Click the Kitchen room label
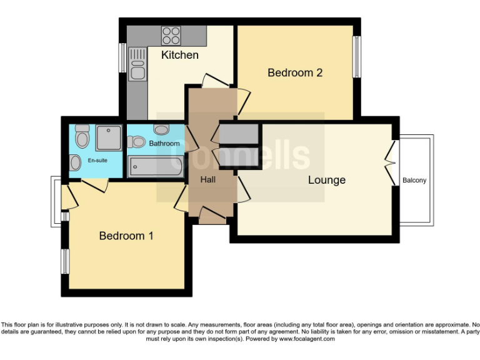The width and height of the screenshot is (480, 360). point(180,55)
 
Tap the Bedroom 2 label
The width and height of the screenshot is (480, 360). point(295,72)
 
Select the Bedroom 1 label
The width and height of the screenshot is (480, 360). point(126,236)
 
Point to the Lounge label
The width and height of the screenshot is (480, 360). point(326,180)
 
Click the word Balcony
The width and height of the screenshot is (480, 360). point(414,181)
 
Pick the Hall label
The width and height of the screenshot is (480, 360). point(208,179)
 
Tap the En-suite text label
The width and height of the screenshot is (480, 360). point(97,161)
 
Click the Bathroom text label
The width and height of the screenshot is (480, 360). point(164,144)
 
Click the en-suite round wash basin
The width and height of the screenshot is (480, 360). point(76,163)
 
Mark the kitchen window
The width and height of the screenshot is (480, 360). point(123,57)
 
